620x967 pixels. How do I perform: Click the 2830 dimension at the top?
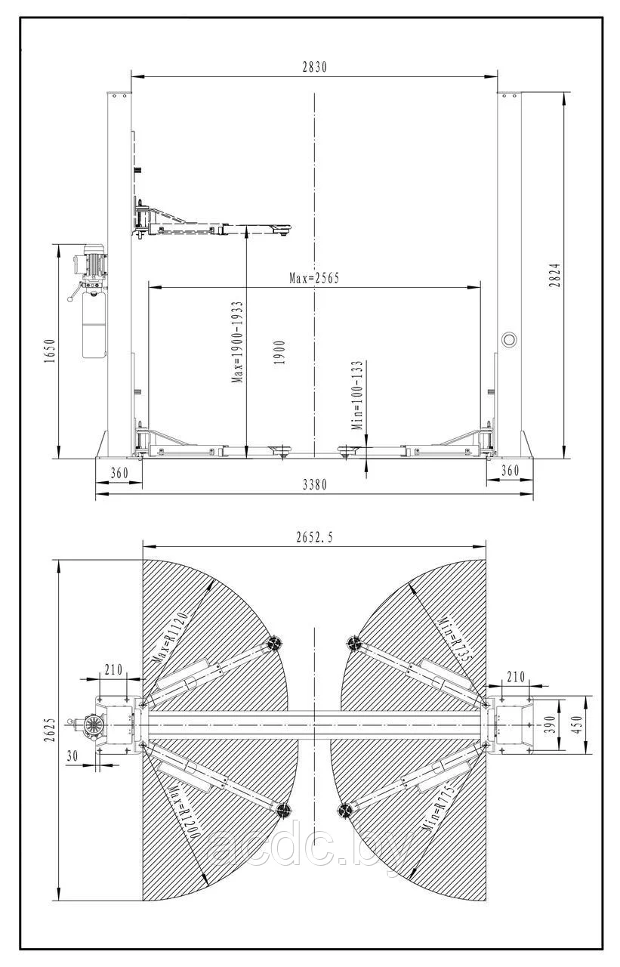[x=315, y=68]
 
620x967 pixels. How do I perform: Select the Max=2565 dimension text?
[x=314, y=278]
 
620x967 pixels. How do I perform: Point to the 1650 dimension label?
[x=51, y=351]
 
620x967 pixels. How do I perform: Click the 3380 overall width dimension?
[x=314, y=485]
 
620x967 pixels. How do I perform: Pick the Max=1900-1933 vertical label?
[x=237, y=342]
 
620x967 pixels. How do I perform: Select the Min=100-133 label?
[x=358, y=396]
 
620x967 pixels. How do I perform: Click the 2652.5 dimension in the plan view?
[x=315, y=537]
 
